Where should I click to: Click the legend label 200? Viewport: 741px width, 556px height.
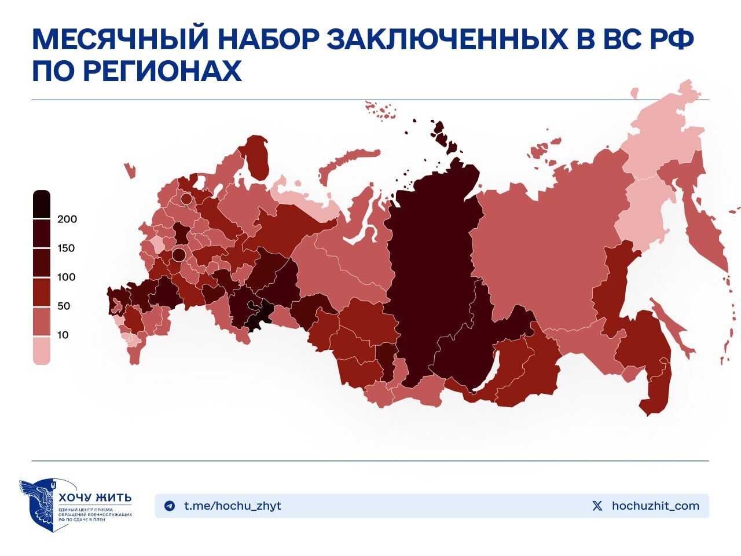tap(67, 220)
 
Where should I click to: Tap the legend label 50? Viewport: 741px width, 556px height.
tap(63, 306)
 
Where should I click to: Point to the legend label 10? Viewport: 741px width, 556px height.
tap(63, 335)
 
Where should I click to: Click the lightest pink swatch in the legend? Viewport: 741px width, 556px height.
tap(42, 351)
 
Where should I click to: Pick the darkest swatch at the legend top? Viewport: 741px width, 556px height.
tap(42, 204)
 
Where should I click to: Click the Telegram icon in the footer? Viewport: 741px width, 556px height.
tap(170, 506)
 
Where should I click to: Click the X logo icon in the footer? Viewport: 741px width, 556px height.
tap(597, 506)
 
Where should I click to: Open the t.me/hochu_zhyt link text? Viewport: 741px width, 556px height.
tap(233, 506)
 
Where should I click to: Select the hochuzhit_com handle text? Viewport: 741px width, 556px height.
tap(655, 506)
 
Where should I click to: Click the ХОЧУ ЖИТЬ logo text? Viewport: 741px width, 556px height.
tap(95, 498)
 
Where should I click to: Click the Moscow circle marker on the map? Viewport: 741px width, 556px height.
tap(179, 254)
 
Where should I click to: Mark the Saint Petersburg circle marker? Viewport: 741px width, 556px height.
tap(186, 199)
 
